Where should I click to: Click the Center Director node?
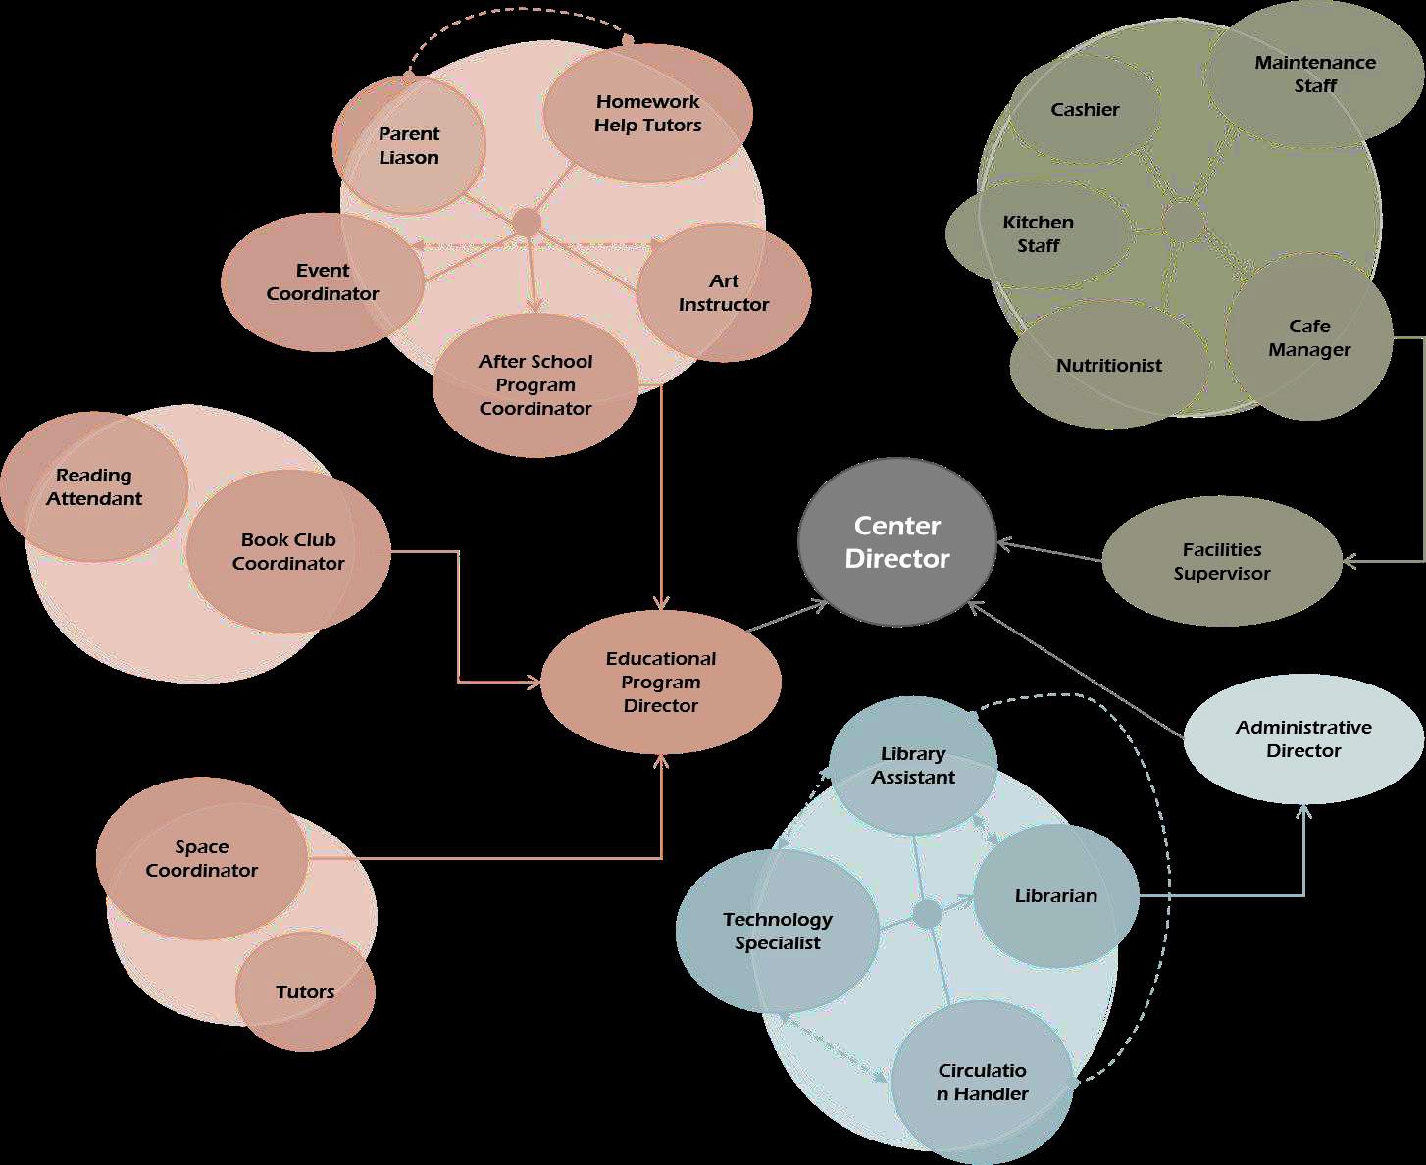(x=897, y=542)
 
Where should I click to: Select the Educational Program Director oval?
(x=661, y=683)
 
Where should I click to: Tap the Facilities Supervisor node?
(x=1222, y=562)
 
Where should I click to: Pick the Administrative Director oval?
(x=1303, y=739)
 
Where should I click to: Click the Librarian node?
(x=1055, y=896)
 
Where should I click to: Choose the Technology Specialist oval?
(x=777, y=932)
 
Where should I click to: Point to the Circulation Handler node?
(x=983, y=1082)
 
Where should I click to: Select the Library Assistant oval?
(x=913, y=766)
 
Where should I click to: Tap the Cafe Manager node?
(x=1309, y=338)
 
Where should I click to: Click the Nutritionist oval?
(x=1109, y=366)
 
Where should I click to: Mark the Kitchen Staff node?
(x=1038, y=234)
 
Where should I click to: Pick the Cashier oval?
(x=1085, y=110)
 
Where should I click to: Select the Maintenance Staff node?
(x=1315, y=75)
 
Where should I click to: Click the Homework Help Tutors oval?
(x=647, y=114)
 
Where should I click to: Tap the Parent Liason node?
(x=409, y=146)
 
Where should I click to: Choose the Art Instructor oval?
(x=724, y=293)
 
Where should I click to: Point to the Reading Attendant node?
(x=94, y=487)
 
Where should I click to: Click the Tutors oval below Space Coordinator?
(x=305, y=992)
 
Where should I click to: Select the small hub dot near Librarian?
(x=927, y=914)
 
